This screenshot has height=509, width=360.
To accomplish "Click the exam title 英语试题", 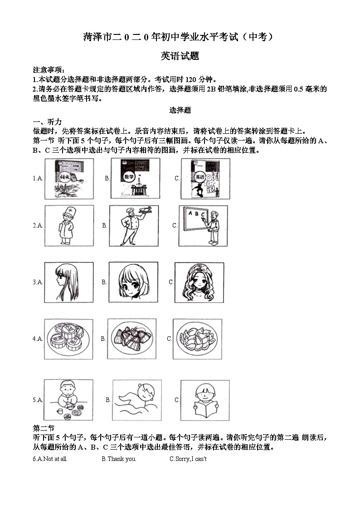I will pyautogui.click(x=180, y=56).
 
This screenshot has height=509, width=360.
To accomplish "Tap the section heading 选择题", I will pyautogui.click(x=180, y=110).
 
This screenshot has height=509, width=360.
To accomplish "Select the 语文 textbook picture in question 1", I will pyautogui.click(x=69, y=178).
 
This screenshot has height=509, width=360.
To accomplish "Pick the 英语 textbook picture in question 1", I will pyautogui.click(x=205, y=178).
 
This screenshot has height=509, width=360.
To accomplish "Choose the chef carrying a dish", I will pyautogui.click(x=134, y=225).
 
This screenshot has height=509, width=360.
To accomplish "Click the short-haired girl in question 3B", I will pyautogui.click(x=133, y=282).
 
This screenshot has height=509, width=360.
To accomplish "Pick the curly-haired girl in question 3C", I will pyautogui.click(x=199, y=282).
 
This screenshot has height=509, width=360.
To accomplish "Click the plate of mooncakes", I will pyautogui.click(x=68, y=339).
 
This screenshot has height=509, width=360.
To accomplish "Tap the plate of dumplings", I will pyautogui.click(x=197, y=339).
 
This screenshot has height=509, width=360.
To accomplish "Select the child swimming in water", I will pyautogui.click(x=136, y=400).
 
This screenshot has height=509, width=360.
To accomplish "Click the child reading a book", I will pyautogui.click(x=204, y=400).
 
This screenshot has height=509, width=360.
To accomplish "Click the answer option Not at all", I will pyautogui.click(x=54, y=459).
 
